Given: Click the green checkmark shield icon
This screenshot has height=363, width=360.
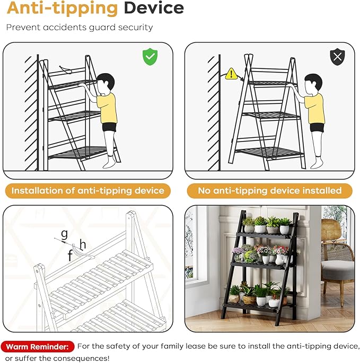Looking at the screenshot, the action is pyautogui.click(x=150, y=57).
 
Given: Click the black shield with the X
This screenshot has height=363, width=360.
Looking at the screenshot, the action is pyautogui.click(x=337, y=57).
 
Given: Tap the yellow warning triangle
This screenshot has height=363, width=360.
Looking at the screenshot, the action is pyautogui.click(x=231, y=74).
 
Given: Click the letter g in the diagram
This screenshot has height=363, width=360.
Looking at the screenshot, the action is pyautogui.click(x=64, y=234).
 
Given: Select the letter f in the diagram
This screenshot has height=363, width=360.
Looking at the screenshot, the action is pyautogui.click(x=70, y=255).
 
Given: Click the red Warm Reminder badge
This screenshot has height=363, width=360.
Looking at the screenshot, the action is pyautogui.click(x=37, y=347).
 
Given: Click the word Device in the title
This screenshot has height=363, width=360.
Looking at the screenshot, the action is pyautogui.click(x=154, y=8).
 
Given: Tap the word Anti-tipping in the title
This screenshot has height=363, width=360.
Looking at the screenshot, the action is pyautogui.click(x=63, y=9).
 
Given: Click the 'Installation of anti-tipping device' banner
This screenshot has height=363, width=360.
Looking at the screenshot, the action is pyautogui.click(x=88, y=191).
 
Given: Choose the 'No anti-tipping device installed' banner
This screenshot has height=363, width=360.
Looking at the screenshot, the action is pyautogui.click(x=270, y=191).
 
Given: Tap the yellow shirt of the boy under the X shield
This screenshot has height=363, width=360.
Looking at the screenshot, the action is pyautogui.click(x=314, y=109).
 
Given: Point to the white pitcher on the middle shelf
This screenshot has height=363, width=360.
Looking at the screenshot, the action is pyautogui.click(x=280, y=259).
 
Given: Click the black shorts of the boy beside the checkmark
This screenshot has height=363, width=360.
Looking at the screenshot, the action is pyautogui.click(x=109, y=127).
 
